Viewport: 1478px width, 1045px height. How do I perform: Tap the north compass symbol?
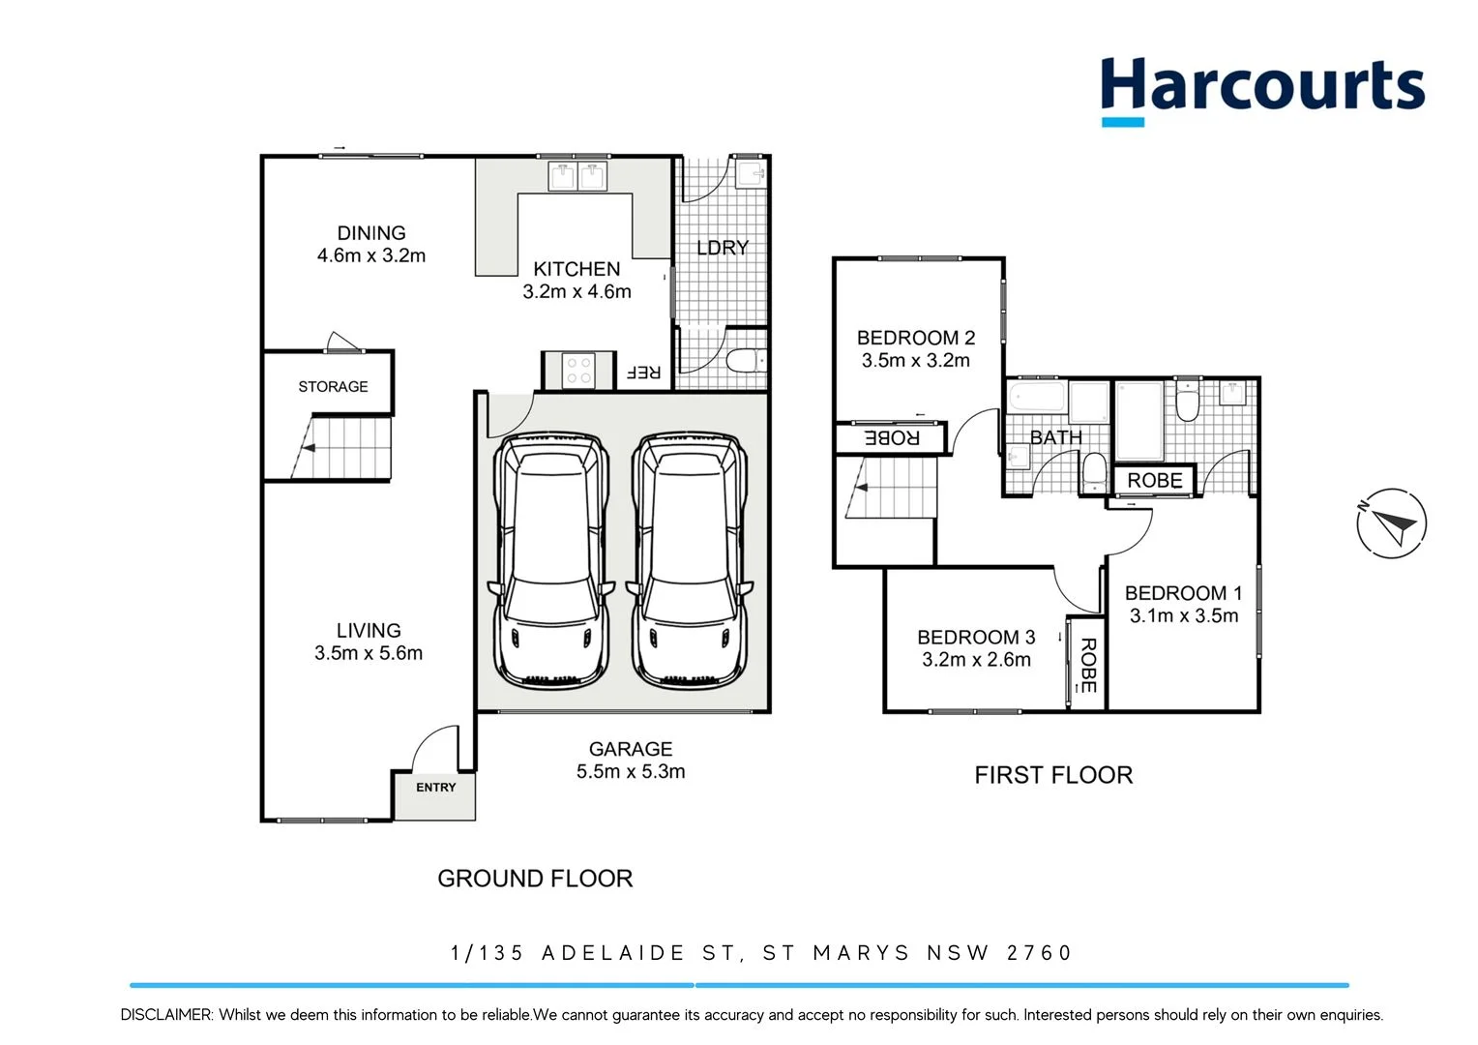click(1391, 523)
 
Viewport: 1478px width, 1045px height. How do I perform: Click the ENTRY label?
click(435, 788)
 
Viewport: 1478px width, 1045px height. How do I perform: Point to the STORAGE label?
click(333, 387)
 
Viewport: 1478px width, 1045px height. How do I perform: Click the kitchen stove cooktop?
click(578, 371)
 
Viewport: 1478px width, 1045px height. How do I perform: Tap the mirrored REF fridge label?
click(643, 373)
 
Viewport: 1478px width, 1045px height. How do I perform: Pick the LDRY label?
click(723, 248)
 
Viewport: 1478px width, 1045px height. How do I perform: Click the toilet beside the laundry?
click(745, 361)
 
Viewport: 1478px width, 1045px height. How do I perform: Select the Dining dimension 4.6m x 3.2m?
click(371, 256)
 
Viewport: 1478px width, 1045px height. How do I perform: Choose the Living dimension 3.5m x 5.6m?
click(369, 654)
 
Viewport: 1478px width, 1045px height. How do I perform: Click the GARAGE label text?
click(631, 749)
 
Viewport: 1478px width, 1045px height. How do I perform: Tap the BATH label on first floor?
click(1055, 437)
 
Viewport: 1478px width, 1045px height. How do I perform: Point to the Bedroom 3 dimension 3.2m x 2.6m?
click(976, 660)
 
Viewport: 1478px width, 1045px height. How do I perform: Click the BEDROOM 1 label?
click(1183, 593)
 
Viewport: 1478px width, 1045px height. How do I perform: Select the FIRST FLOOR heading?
click(1053, 775)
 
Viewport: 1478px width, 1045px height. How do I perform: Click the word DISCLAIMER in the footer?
click(165, 1015)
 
